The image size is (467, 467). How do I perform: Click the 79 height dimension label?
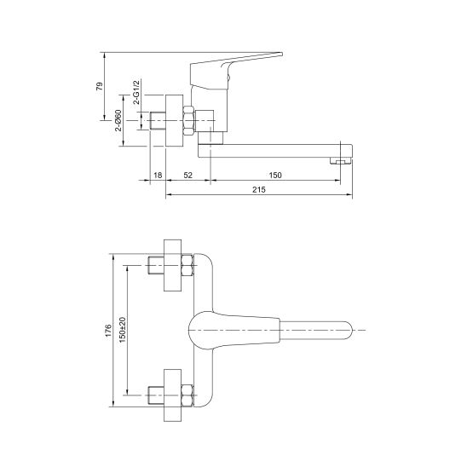(x=100, y=86)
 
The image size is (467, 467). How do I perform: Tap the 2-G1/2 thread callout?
(x=136, y=92)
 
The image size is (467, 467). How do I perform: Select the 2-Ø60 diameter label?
(x=118, y=120)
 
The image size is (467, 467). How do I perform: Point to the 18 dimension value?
(x=158, y=176)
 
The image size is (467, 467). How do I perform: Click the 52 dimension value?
(x=188, y=176)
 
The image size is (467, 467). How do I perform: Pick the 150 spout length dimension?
(x=275, y=176)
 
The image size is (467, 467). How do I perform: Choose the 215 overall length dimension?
(x=259, y=190)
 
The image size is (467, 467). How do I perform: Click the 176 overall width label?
(x=108, y=331)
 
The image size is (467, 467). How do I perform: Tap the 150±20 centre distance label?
(x=123, y=330)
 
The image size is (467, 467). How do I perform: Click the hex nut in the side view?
(x=188, y=121)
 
